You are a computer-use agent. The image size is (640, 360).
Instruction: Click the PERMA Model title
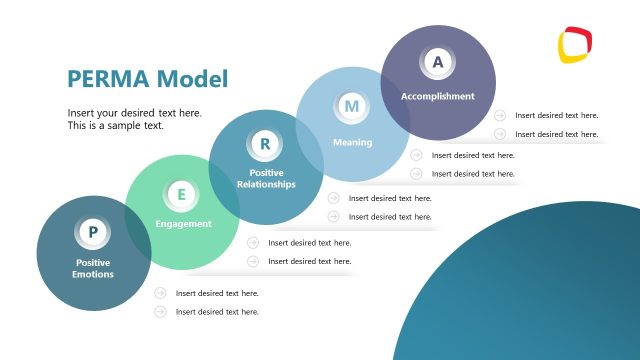point(147,78)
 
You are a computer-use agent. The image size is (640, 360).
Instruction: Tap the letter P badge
point(93,232)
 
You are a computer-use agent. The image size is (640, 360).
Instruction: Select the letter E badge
point(181,194)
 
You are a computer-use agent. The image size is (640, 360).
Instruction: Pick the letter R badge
point(265,144)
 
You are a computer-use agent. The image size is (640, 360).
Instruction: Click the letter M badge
point(351,105)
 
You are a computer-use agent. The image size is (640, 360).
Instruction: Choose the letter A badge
point(437,62)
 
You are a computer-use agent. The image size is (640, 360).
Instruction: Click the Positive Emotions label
point(93,268)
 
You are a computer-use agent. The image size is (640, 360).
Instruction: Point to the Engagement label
point(183,224)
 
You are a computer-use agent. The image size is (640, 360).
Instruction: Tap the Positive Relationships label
point(266,178)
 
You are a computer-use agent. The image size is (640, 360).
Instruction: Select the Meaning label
point(352,142)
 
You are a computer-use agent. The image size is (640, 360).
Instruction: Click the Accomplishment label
point(437,96)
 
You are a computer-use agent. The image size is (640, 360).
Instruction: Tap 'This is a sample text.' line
point(115,126)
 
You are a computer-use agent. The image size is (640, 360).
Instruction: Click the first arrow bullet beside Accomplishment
point(499,115)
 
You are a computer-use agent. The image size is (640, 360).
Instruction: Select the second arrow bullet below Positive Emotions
point(160,312)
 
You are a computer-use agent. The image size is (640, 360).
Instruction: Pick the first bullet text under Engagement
point(309,242)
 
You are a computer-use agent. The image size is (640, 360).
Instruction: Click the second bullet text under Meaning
point(473,174)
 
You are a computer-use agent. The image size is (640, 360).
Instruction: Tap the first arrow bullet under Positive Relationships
point(333,198)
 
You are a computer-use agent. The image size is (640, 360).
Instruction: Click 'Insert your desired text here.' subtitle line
point(134,113)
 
